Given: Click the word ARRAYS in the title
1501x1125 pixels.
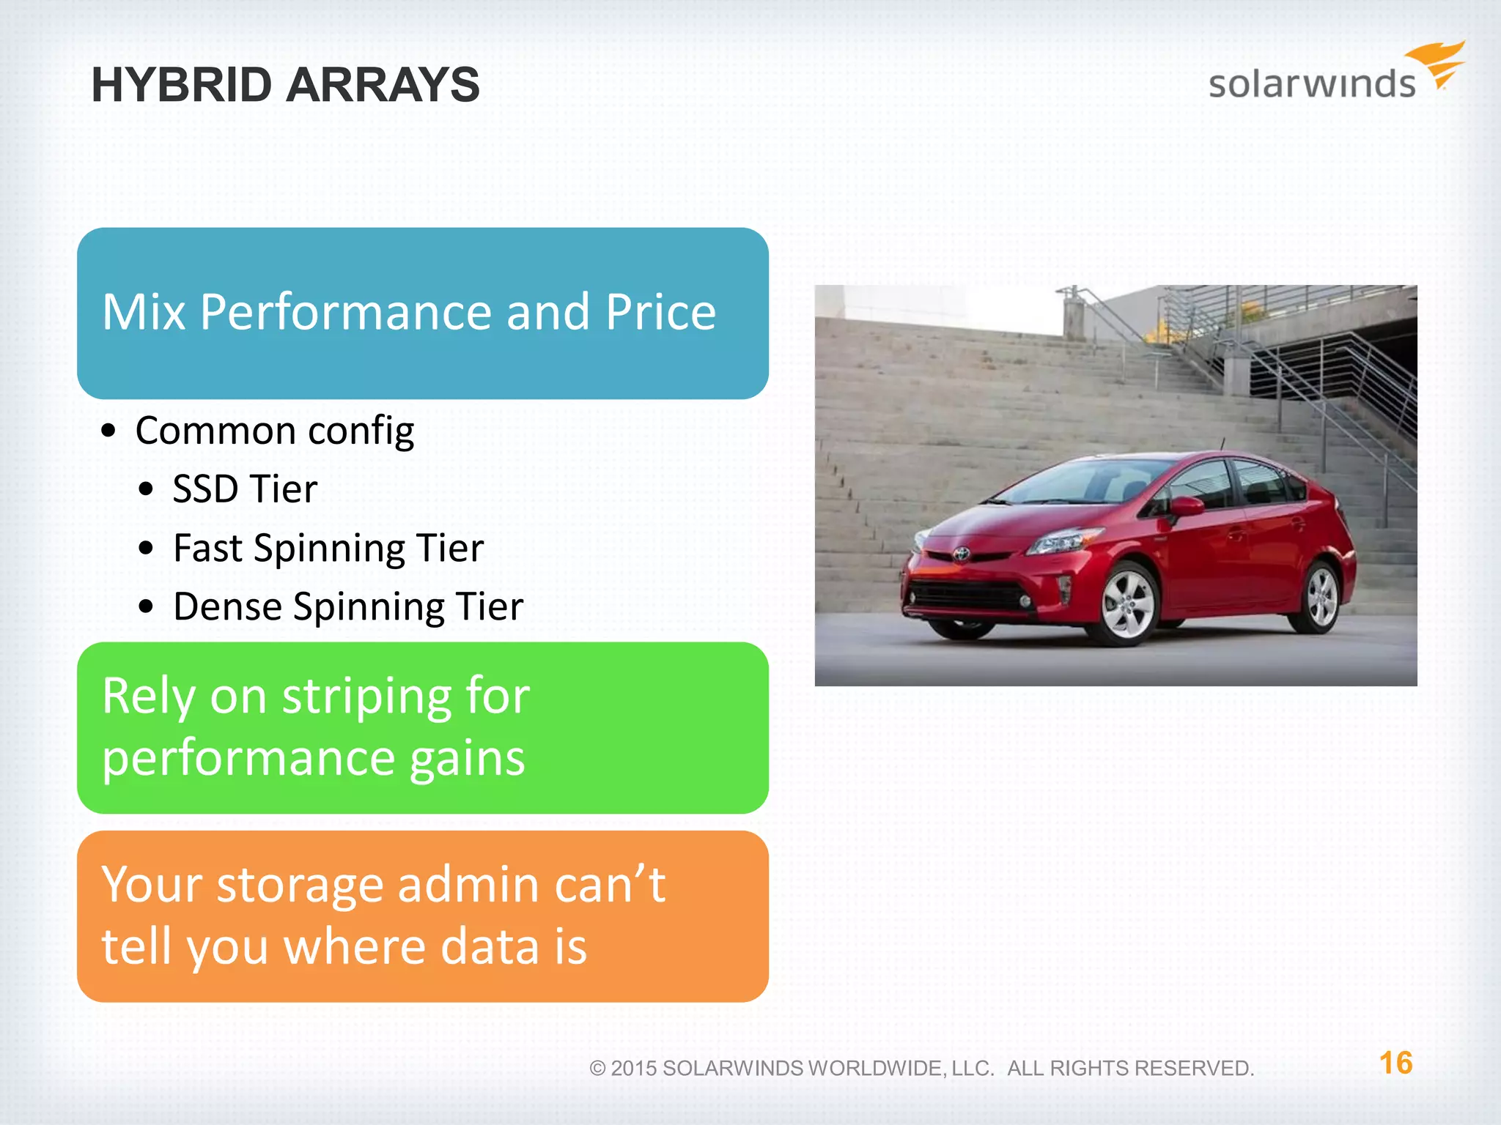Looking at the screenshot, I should coord(383,85).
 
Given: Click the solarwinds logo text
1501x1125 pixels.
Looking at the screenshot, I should coord(1312,83).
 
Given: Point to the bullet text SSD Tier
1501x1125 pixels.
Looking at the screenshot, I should coord(245,489).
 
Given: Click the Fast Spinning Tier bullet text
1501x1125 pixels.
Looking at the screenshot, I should coord(328,548).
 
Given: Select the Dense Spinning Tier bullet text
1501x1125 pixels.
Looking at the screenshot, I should coord(348,606).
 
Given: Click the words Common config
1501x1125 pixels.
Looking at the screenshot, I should coord(275,431).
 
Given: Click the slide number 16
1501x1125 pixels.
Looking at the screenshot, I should coord(1395,1063).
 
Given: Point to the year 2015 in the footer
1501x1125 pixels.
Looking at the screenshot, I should coord(633,1069).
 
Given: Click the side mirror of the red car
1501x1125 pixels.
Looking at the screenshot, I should coord(1185,506).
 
